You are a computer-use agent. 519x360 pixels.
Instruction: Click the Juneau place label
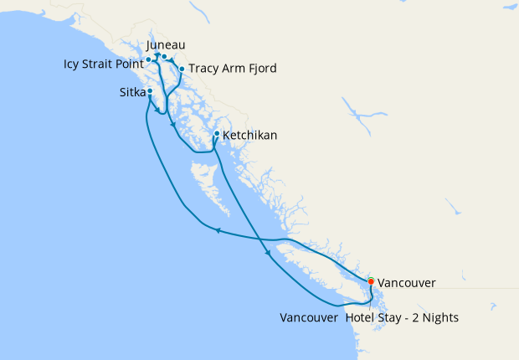tap(166, 44)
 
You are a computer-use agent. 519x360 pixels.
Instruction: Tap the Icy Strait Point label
tap(101, 64)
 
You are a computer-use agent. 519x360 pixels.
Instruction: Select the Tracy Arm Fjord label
tap(232, 69)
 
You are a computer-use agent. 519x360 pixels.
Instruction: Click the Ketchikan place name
tap(249, 135)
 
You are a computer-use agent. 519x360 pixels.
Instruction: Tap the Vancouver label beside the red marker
tap(406, 283)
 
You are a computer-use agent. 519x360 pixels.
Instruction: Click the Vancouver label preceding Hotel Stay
tap(309, 318)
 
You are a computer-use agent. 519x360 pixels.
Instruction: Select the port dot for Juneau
tap(165, 57)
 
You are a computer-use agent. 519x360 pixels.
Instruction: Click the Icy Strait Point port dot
tap(148, 59)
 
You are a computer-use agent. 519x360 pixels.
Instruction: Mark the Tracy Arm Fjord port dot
tap(182, 69)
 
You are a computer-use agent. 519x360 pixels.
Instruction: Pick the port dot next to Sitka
tap(150, 90)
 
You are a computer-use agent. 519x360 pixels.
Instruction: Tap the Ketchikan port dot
tap(217, 133)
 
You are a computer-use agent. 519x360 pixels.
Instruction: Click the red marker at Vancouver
tap(371, 281)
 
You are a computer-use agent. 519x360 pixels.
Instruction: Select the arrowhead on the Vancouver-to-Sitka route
tap(218, 231)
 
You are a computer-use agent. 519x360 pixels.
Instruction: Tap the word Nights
tap(440, 318)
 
